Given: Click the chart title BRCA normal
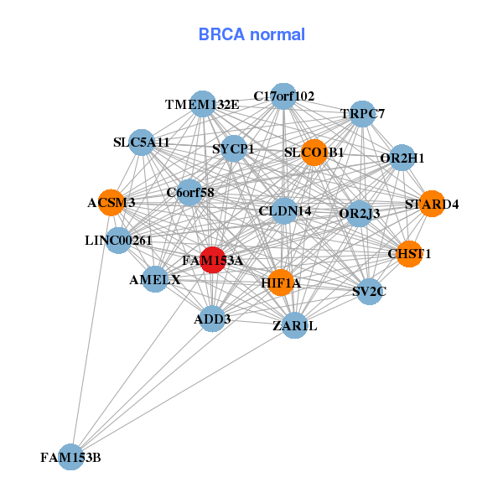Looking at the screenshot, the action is click(251, 35).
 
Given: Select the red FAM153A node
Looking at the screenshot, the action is click(213, 260).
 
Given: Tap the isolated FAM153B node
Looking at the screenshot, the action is click(71, 457).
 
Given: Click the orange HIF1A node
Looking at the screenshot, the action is click(281, 283).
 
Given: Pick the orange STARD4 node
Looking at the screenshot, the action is click(431, 204).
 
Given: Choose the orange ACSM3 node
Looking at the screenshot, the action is click(111, 202).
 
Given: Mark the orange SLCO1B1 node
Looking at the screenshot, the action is click(314, 153).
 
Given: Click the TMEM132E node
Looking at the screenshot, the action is click(203, 104).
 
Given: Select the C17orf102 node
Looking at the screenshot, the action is click(284, 96).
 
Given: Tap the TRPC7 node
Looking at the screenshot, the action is click(362, 113).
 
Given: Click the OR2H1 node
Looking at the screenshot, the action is click(402, 158).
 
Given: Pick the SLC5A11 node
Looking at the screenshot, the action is click(142, 142).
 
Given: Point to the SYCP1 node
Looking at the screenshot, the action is click(233, 149).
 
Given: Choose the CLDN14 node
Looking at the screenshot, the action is click(285, 210).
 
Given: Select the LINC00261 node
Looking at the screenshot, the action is click(118, 241).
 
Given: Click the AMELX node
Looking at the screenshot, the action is click(155, 279).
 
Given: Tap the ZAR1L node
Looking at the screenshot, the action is click(294, 325).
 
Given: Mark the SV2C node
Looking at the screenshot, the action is click(370, 292).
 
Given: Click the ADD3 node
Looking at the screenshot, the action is click(212, 319).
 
